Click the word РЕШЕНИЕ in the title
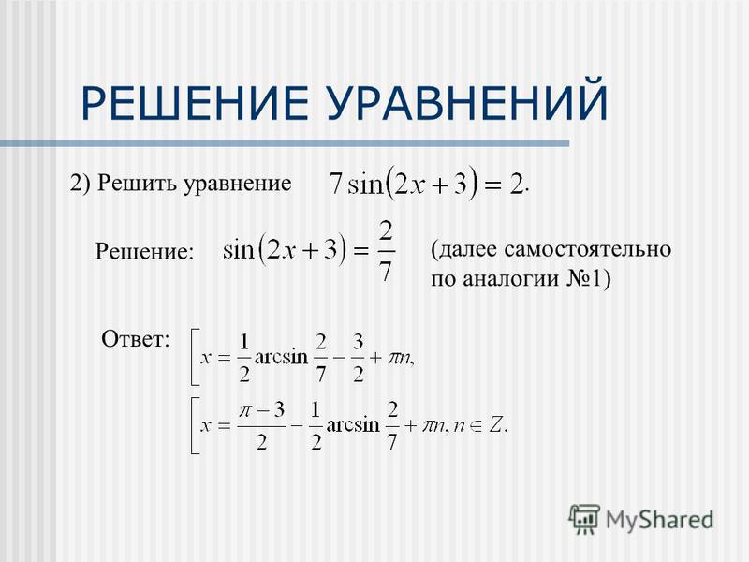(195, 102)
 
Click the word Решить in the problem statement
(138, 183)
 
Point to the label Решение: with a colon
(145, 251)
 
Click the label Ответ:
(136, 339)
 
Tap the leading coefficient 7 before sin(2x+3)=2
(336, 183)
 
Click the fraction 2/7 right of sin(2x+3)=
(386, 251)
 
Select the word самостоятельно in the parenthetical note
(587, 249)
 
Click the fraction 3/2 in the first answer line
(359, 358)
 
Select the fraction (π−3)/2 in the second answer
(262, 426)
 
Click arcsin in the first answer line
(282, 357)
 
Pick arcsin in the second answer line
(353, 425)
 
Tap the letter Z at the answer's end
(496, 425)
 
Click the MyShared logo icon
(584, 519)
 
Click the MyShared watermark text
(660, 521)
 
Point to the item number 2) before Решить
(80, 183)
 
